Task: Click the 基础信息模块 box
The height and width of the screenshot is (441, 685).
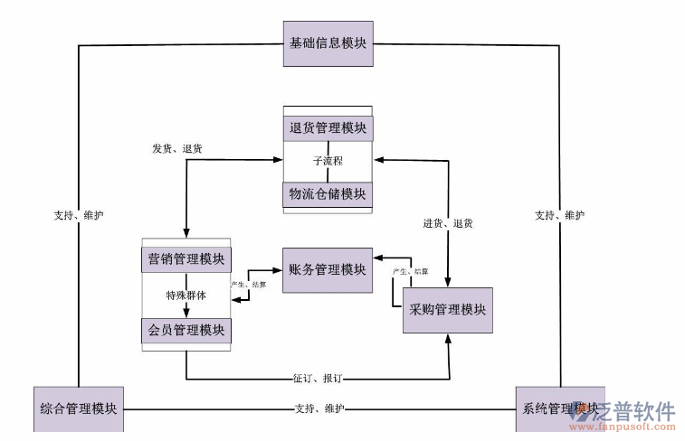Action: click(328, 43)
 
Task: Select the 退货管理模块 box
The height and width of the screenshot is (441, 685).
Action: click(328, 127)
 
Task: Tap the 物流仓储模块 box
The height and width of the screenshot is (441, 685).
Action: click(328, 194)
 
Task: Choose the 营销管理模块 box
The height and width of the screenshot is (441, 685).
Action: click(186, 260)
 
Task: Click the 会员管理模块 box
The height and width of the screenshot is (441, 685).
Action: click(186, 330)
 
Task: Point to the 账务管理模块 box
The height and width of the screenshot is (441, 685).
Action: click(328, 269)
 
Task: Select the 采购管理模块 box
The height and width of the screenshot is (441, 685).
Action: click(447, 310)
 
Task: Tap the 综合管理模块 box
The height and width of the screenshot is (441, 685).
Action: click(79, 408)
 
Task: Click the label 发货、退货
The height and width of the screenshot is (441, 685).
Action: click(176, 148)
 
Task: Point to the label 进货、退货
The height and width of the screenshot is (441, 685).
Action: click(447, 223)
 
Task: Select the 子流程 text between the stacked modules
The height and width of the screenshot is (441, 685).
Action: click(328, 161)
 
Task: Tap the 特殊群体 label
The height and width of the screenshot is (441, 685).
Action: click(186, 296)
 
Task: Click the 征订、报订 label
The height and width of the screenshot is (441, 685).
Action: click(317, 379)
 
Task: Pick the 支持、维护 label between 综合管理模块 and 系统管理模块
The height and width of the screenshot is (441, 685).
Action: click(319, 408)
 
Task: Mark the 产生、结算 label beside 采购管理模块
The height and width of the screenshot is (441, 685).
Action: click(410, 271)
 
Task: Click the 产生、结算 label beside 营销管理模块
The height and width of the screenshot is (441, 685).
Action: click(249, 285)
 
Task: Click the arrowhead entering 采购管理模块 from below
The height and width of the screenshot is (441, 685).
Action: click(449, 339)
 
